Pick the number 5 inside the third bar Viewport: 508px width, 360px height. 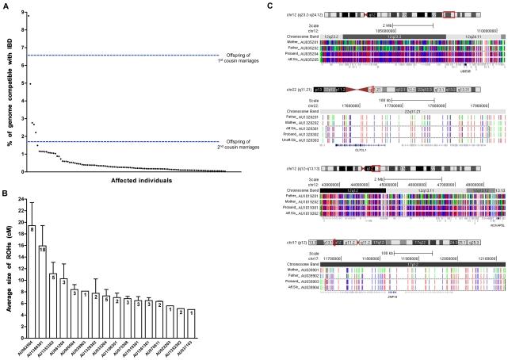pos(53,277)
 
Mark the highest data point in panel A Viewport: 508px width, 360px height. pos(29,16)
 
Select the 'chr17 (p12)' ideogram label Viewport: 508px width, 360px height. pos(286,262)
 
